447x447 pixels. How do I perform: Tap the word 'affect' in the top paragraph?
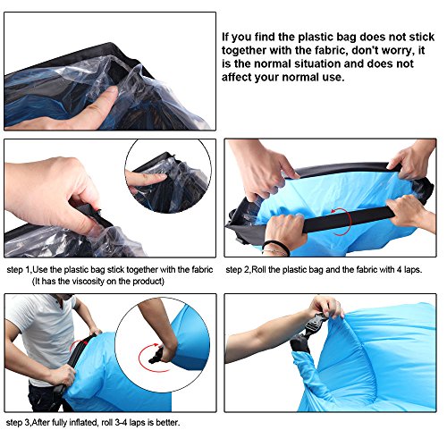235,77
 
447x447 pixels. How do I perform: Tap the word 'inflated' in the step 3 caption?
82,422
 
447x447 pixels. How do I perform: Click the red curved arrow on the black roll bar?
342,222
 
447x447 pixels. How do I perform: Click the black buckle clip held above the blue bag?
316,325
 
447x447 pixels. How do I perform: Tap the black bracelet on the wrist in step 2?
275,247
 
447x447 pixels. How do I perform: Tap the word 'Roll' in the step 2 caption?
258,270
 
